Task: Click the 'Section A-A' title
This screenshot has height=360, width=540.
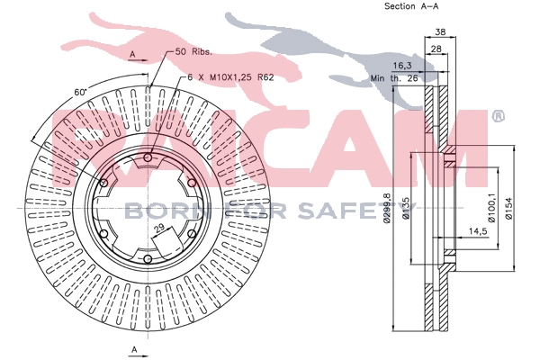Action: [x=411, y=6]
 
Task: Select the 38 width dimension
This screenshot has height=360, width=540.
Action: [x=440, y=32]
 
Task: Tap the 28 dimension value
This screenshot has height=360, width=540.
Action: [x=436, y=49]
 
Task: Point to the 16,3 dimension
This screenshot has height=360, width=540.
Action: [x=402, y=66]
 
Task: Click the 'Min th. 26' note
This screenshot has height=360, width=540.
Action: [x=394, y=78]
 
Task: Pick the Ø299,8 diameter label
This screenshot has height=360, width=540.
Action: [x=387, y=208]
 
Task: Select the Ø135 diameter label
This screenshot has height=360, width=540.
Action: [x=406, y=209]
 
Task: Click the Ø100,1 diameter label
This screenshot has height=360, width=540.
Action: [x=492, y=207]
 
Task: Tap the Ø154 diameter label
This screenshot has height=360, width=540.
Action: [x=508, y=208]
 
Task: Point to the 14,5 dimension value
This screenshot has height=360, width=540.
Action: [x=479, y=231]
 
